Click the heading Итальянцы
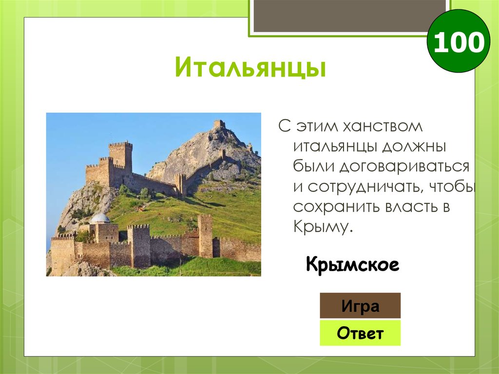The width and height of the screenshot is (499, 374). click(250, 68)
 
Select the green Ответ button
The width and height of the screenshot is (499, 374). click(360, 334)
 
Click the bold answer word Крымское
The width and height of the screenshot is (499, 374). click(352, 265)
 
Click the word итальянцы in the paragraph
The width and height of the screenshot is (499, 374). click(335, 146)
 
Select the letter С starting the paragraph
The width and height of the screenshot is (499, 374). click(284, 127)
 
